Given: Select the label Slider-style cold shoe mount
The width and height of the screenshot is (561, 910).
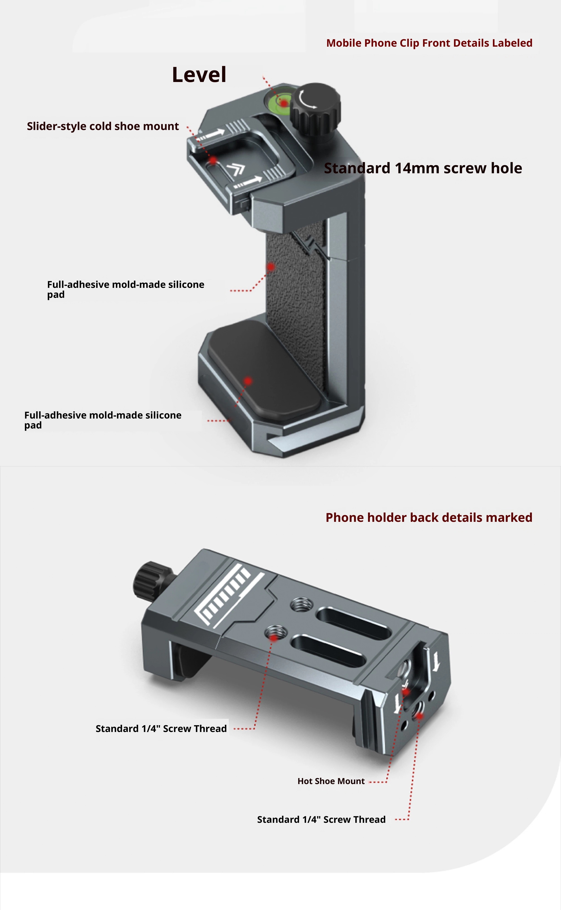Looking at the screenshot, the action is pos(103,126).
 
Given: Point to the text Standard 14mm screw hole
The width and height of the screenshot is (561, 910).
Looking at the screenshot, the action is pos(423,168).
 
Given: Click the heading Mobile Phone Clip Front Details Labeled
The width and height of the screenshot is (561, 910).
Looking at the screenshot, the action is pos(429,43).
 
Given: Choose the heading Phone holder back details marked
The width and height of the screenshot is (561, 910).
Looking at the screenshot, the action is pos(429,518).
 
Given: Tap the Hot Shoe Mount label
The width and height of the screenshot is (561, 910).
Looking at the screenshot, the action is pos(331,781).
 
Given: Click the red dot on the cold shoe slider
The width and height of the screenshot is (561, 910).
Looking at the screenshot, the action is pos(213,160).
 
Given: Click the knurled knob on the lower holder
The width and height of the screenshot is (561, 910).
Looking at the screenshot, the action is pos(150,581).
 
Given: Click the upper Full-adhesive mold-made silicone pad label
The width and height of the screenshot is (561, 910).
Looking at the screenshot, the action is pos(125,289).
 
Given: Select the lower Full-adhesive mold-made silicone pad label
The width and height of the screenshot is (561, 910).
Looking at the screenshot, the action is pos(103,420).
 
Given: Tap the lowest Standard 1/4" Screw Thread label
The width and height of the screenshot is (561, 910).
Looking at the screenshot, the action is pos(321,819).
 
